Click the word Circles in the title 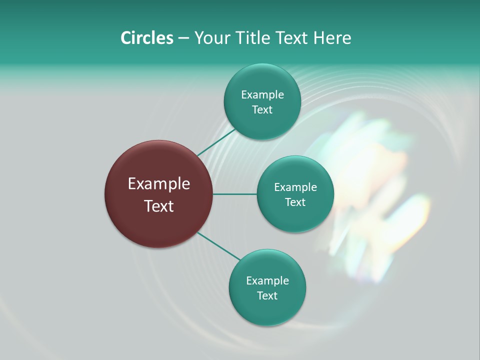pos(146,38)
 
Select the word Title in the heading pos(254,38)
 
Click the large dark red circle pos(158,225)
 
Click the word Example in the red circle pos(158,184)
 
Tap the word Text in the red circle pos(158,206)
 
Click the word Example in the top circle pos(262,94)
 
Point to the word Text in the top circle pos(262,110)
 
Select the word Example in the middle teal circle pos(295,187)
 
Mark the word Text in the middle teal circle pos(295,202)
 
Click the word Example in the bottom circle pos(267,280)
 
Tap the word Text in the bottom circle pos(267,295)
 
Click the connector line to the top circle pos(216,141)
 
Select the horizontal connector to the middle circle pos(234,194)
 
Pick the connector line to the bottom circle pos(219,246)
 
